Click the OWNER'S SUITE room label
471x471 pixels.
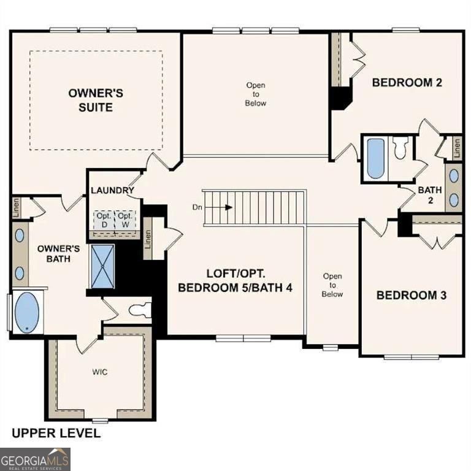pyautogui.click(x=96, y=100)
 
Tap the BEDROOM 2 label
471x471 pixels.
pyautogui.click(x=407, y=82)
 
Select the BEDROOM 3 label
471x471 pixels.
pyautogui.click(x=411, y=295)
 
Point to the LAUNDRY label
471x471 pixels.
pyautogui.click(x=112, y=190)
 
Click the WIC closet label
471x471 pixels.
pyautogui.click(x=100, y=372)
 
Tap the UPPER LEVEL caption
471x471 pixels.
pyautogui.click(x=56, y=434)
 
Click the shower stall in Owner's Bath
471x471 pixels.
pyautogui.click(x=102, y=266)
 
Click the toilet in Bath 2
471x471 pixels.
pyautogui.click(x=400, y=148)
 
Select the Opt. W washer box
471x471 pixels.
pyautogui.click(x=125, y=220)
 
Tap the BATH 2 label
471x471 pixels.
pyautogui.click(x=430, y=195)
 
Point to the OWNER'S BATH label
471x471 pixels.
pyautogui.click(x=58, y=253)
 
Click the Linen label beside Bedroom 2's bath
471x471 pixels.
pyautogui.click(x=457, y=147)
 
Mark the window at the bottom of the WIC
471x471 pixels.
pyautogui.click(x=100, y=421)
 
